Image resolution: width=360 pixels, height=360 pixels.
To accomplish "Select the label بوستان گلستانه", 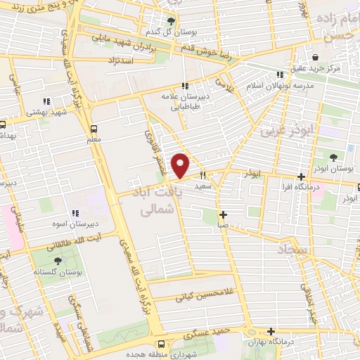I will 58,271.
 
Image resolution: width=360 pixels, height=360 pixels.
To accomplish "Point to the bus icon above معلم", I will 94,128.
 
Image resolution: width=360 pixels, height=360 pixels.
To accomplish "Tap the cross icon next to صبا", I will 223,215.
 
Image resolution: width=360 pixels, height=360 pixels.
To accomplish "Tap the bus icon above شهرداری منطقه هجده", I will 162,344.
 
